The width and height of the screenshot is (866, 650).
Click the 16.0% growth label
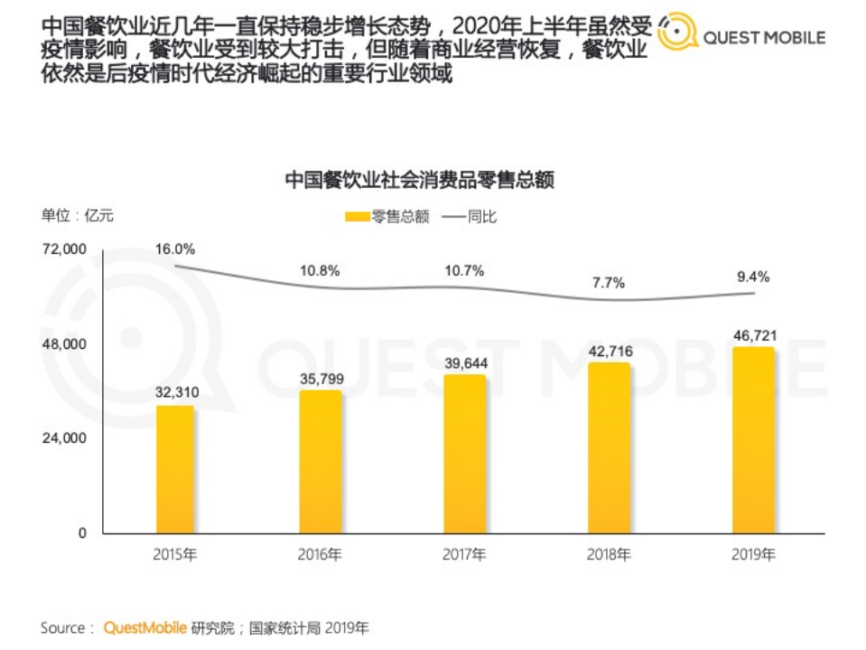tap(174, 249)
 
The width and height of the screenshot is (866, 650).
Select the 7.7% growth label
tap(609, 283)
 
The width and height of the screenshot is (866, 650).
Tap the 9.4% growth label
tap(752, 277)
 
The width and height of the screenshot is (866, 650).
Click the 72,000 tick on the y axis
tap(65, 250)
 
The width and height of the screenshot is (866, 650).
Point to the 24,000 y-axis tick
tap(65, 438)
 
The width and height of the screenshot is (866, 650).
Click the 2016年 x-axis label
tap(320, 555)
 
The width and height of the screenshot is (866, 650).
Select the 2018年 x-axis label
tap(609, 555)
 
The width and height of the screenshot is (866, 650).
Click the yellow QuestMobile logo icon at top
tap(675, 33)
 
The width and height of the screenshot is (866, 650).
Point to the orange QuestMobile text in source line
tap(145, 627)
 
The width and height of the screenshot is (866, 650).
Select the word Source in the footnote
tap(62, 627)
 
